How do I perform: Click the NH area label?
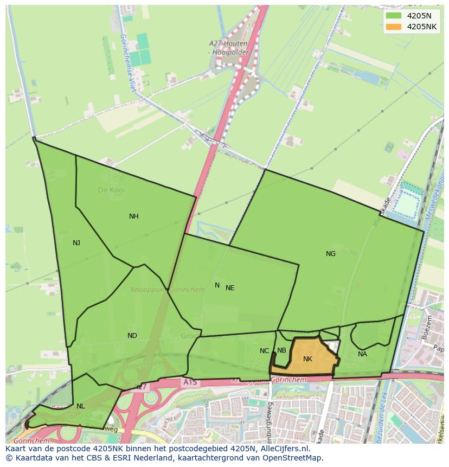click(x=133, y=216)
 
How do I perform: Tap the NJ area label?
click(x=76, y=243)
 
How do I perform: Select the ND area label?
click(x=132, y=336)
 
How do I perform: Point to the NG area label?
click(x=330, y=254)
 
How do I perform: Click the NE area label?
click(x=230, y=288)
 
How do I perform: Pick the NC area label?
click(x=264, y=351)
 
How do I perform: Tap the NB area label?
click(x=281, y=350)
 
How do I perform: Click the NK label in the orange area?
click(x=307, y=359)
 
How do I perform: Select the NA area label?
click(x=362, y=354)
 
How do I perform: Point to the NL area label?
click(x=80, y=406)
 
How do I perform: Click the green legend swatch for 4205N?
click(x=394, y=16)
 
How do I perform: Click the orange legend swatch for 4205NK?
click(x=394, y=27)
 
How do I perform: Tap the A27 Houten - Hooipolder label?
click(x=228, y=48)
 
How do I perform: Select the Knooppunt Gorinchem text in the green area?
click(x=168, y=290)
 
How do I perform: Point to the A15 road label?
click(x=190, y=382)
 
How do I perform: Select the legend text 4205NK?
click(x=422, y=27)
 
